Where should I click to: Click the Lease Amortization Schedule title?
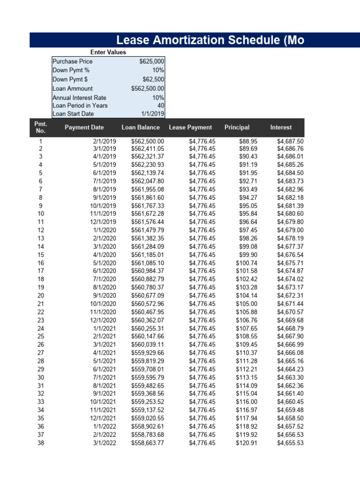tap(210, 40)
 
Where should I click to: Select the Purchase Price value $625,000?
tap(151, 61)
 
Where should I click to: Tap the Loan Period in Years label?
tap(80, 105)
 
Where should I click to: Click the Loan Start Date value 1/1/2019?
tap(152, 113)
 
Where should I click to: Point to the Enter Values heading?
tap(108, 52)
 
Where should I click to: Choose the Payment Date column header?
tap(84, 127)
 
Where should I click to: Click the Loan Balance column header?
tap(141, 127)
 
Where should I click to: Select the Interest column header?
tap(281, 127)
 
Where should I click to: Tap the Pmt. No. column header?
tap(40, 127)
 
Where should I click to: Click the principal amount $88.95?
tap(247, 141)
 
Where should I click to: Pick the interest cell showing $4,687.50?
tap(290, 141)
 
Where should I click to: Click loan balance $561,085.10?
tap(148, 263)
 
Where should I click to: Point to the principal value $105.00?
tap(246, 304)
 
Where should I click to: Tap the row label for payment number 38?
tap(40, 442)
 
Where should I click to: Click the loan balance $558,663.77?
tap(148, 442)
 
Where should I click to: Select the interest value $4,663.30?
tap(290, 377)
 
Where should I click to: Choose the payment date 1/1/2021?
tap(105, 329)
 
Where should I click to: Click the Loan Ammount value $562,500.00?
tap(148, 89)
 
